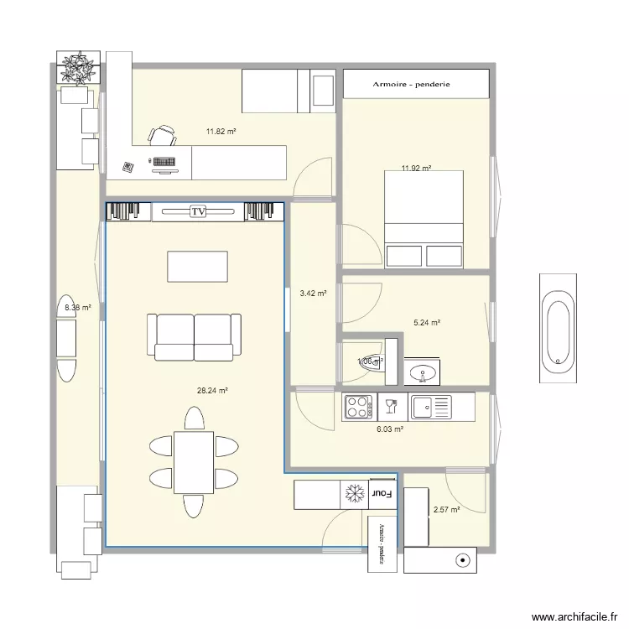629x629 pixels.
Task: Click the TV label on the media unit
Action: [x=198, y=212]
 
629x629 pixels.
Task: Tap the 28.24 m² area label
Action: [x=213, y=390]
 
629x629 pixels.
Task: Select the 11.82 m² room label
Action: [x=221, y=132]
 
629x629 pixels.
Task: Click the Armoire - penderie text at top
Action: [x=417, y=84]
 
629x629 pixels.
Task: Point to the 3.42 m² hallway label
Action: [x=312, y=294]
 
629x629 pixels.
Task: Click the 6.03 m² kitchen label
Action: [x=390, y=429]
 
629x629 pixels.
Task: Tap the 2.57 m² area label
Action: [x=446, y=510]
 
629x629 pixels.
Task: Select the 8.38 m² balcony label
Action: [x=77, y=308]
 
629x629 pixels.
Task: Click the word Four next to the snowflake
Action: [x=382, y=495]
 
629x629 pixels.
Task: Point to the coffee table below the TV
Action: [x=197, y=267]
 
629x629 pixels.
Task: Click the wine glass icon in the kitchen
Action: [x=391, y=408]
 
